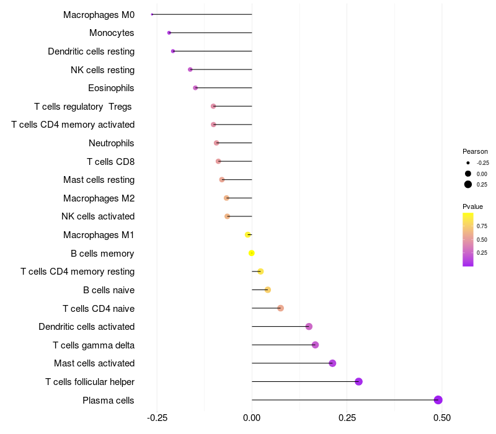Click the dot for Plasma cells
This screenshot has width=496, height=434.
pos(438,400)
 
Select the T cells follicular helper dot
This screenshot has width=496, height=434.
pos(358,381)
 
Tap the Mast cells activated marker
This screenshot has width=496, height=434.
pos(332,363)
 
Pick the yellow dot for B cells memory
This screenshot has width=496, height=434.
pos(252,253)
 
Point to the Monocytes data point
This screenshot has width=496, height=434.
pos(169,32)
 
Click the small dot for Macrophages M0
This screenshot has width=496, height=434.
pos(152,14)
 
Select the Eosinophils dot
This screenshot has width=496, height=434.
pos(195,88)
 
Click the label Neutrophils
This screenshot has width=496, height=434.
pos(112,143)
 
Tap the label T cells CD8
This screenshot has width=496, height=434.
pos(111,162)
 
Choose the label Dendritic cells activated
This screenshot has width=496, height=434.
pos(87,327)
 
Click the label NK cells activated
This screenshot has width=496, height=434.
pos(98,216)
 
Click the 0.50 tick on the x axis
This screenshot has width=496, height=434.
pos(441,418)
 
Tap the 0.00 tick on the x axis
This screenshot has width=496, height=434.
pos(252,418)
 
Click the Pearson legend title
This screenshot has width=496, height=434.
pos(475,151)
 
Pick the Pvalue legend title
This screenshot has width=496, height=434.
pos(472,206)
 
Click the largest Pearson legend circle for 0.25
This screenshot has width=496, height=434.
pos(468,184)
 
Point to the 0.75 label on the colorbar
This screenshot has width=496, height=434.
pos(482,226)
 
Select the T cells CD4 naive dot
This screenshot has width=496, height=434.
pos(280,308)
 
